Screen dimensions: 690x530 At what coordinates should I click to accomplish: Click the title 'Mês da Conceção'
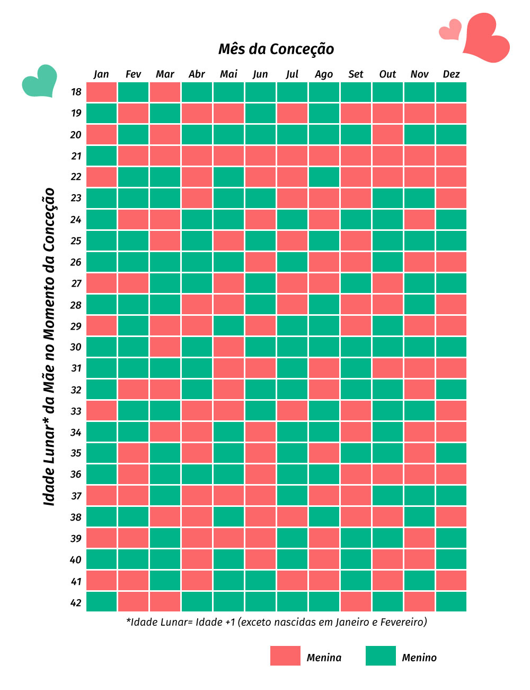(276, 49)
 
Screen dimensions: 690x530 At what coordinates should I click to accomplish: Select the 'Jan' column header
(101, 74)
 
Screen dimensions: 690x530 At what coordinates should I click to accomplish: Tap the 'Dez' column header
(451, 74)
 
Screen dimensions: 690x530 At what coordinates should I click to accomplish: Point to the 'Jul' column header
(292, 74)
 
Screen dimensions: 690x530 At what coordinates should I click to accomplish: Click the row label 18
(76, 92)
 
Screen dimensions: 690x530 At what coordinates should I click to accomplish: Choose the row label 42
(76, 602)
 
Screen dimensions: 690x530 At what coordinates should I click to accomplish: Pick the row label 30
(76, 347)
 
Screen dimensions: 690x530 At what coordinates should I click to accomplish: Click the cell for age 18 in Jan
(101, 92)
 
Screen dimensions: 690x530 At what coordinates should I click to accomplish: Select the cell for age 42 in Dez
(451, 602)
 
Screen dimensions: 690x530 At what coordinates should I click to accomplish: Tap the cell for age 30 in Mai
(228, 347)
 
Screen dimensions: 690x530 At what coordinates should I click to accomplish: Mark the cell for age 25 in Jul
(292, 240)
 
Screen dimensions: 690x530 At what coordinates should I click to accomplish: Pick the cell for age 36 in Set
(356, 475)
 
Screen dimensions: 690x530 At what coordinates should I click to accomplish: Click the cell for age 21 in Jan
(101, 156)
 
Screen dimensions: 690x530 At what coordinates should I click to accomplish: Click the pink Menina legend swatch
(285, 655)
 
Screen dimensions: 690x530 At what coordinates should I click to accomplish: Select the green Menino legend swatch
(381, 655)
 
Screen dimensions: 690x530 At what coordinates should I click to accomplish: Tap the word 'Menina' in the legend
(324, 658)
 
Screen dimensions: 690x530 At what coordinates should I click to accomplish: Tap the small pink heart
(451, 30)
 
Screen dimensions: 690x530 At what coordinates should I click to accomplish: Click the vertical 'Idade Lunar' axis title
(49, 347)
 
